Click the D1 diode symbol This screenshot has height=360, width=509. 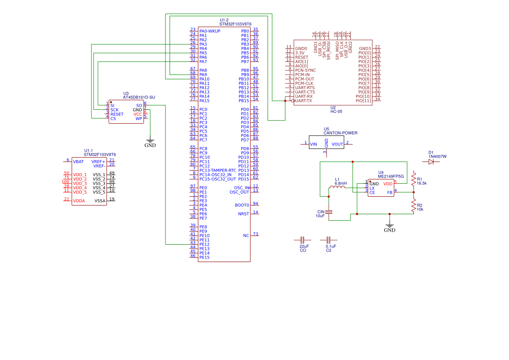tap(431, 161)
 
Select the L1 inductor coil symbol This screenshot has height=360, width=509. tap(337, 188)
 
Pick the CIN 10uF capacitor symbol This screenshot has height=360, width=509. tap(329, 212)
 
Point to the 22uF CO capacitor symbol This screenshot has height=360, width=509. tap(303, 240)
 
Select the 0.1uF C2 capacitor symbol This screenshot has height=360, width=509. tap(329, 240)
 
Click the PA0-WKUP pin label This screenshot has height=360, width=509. tap(209, 31)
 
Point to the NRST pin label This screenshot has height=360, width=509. tap(243, 214)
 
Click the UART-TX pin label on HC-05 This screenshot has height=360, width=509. tap(303, 101)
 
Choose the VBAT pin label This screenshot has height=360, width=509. tap(78, 161)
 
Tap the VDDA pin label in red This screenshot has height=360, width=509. tap(79, 201)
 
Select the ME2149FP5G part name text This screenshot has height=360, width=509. tap(391, 177)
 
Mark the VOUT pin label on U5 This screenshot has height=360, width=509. tap(337, 144)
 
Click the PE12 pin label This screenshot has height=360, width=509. tap(204, 244)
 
